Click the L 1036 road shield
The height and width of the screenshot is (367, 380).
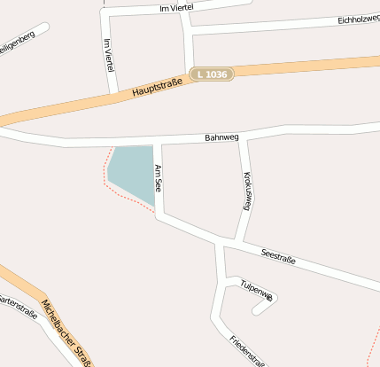(213, 74)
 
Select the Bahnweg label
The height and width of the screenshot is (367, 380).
(221, 137)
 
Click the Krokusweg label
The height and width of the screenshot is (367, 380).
(247, 189)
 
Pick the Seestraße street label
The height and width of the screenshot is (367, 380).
(278, 258)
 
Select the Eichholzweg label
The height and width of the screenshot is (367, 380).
(358, 19)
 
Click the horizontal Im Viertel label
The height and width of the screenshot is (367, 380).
(175, 8)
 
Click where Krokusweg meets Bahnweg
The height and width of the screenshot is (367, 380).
(239, 137)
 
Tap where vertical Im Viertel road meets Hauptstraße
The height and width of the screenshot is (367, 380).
(114, 93)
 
